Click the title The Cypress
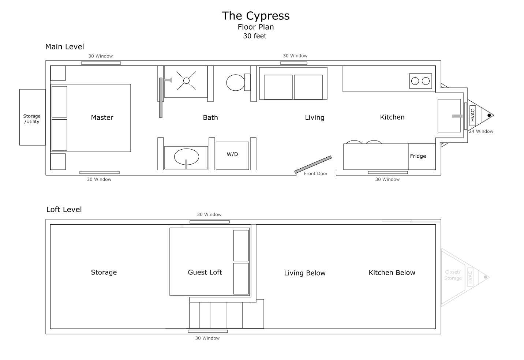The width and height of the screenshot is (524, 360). [x=256, y=16]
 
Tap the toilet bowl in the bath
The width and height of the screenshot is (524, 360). [x=235, y=83]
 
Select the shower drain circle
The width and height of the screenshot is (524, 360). [x=186, y=81]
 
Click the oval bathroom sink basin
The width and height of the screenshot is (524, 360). [x=187, y=157]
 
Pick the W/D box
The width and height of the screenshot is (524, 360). [x=232, y=155]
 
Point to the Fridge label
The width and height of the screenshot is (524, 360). [x=418, y=156]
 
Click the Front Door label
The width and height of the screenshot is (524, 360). [x=315, y=173]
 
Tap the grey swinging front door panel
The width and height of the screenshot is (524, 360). [x=313, y=165]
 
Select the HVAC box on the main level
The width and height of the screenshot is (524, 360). [x=472, y=115]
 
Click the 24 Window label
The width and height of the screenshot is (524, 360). [x=481, y=131]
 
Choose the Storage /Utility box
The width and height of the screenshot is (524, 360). [x=32, y=117]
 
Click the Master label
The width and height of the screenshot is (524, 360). [x=102, y=117]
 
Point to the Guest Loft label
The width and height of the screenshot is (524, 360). [x=205, y=272]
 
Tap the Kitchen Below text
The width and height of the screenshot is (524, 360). [x=392, y=273]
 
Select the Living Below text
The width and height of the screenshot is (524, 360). [x=305, y=273]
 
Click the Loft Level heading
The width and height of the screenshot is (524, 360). [x=64, y=209]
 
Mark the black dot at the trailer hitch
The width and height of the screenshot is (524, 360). [x=489, y=115]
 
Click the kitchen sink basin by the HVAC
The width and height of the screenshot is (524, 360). [x=449, y=116]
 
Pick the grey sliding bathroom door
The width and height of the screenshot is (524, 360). [x=161, y=98]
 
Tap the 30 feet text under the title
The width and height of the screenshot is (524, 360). [x=255, y=36]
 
